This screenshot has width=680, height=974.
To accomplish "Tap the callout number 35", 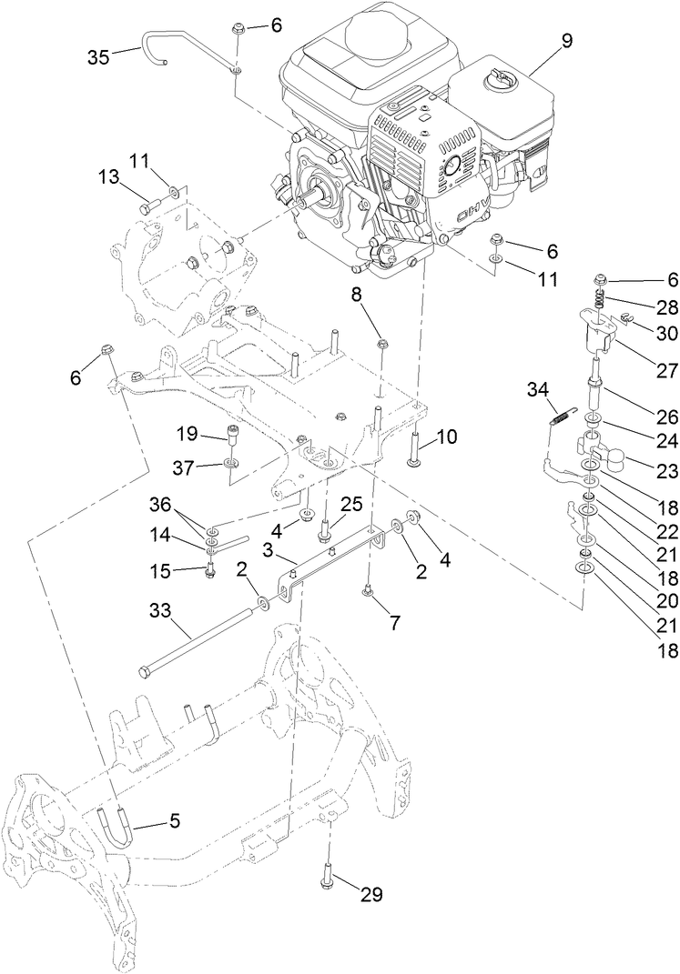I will [x=98, y=56].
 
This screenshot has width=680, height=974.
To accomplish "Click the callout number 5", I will [x=173, y=820].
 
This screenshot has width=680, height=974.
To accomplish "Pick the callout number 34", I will [x=537, y=389].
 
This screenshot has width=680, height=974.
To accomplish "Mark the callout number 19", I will [x=213, y=433].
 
